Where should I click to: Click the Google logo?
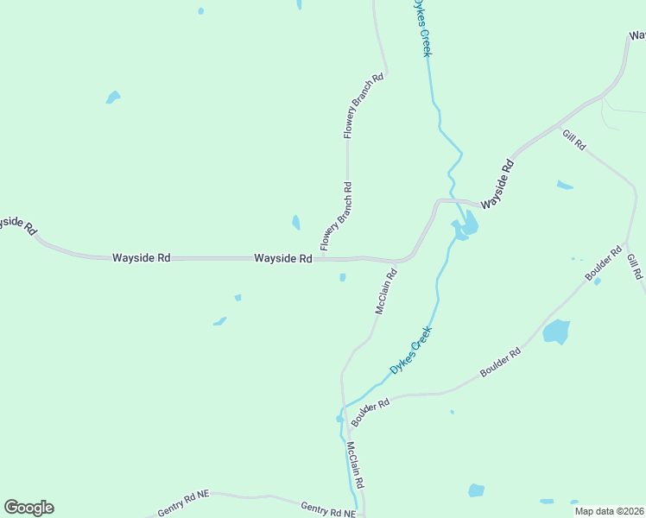point(28,508)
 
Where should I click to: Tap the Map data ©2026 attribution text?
point(609,511)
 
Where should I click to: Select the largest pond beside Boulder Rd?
point(556,332)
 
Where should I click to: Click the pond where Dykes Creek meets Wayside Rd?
point(466,228)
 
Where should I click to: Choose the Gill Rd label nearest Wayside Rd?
point(573,140)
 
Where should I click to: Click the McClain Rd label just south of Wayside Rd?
point(386,292)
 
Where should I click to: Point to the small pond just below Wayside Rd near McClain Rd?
point(343,277)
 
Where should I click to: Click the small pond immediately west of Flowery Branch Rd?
point(296,222)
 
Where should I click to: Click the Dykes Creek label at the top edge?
point(422,28)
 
